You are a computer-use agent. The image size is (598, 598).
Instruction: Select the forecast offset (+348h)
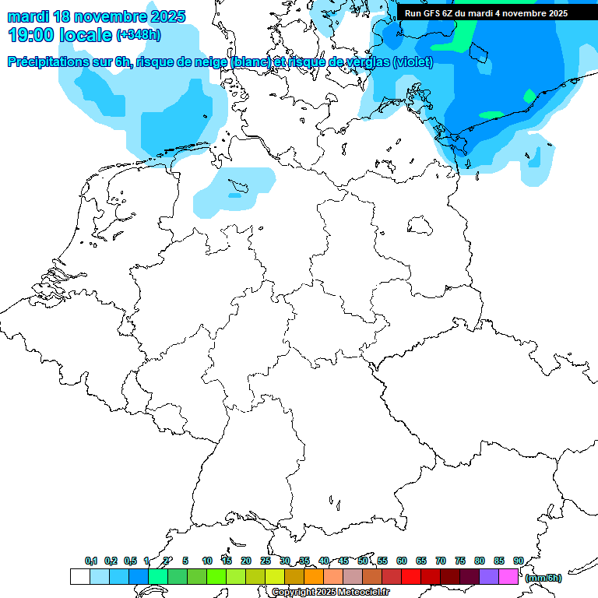coord(139,36)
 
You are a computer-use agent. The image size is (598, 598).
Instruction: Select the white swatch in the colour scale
coord(79,576)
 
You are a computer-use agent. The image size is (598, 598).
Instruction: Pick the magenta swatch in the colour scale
coord(508,576)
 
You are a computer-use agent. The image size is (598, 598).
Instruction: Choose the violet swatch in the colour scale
coord(489,576)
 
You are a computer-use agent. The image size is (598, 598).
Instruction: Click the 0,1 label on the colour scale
coord(91,561)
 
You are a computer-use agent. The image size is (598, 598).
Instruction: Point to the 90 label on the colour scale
coord(518,561)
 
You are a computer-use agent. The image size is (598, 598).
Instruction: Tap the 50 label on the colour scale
coord(363,561)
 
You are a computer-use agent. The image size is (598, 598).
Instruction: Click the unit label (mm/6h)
coord(543,578)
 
